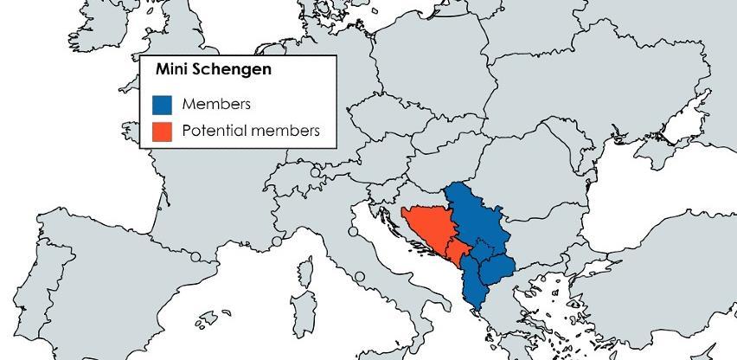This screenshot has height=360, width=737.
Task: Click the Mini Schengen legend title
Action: point(213,69)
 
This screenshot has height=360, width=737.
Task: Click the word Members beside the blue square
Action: point(216,105)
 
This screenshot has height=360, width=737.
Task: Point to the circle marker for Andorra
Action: point(196,257)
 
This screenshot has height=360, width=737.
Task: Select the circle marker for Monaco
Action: point(277,241)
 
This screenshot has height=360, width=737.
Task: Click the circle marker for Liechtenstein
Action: point(315,173)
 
